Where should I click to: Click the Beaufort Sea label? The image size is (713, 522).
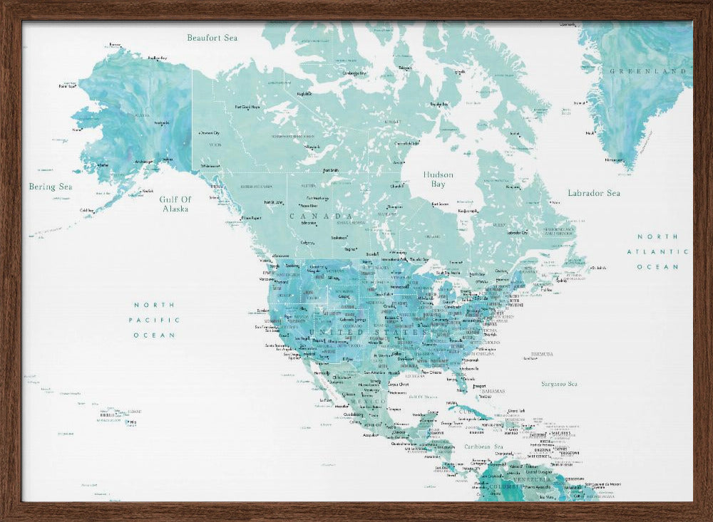tap(212, 37)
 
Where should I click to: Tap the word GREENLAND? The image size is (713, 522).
tap(648, 71)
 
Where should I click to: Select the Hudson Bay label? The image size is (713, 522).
tap(438, 179)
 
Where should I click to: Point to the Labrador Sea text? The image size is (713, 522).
tap(593, 193)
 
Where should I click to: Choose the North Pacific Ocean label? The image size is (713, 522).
tap(155, 320)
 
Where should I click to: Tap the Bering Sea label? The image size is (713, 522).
tap(51, 187)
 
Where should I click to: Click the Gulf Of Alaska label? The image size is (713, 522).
tap(174, 204)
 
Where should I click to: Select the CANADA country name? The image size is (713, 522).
tap(321, 216)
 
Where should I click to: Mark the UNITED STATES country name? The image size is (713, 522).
tap(370, 332)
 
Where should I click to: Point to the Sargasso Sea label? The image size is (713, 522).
tap(558, 383)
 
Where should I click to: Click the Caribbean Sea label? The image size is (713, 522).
tap(484, 447)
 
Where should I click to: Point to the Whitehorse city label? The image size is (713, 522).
tap(210, 166)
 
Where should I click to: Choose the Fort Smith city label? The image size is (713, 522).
tap(332, 171)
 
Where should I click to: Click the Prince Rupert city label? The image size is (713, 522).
tap(252, 217)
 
